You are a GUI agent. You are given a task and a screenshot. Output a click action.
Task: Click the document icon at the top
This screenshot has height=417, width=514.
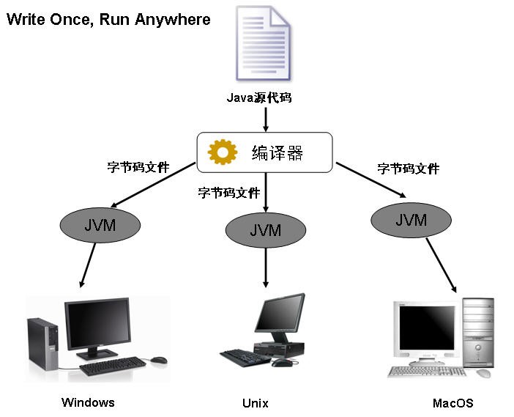pos(262,43)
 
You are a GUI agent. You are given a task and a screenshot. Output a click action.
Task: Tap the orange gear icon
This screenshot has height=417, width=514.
pos(223,151)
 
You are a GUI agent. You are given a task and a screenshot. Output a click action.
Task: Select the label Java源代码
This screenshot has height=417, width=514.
pos(259,97)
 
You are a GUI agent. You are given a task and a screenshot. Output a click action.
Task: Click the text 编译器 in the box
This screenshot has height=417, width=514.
pos(278,152)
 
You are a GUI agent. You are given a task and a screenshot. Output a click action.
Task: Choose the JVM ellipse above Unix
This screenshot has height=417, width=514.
pos(265,230)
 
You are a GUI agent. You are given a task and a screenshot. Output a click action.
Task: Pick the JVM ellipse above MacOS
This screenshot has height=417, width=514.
pos(411,219)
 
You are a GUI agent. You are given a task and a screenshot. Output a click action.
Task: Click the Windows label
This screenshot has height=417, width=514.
pos(88,402)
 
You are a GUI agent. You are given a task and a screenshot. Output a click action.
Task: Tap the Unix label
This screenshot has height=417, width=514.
pos(255,403)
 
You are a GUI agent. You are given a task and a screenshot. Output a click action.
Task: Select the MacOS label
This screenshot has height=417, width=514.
pos(452,403)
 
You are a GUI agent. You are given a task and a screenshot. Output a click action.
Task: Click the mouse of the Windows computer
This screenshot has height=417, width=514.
pos(159,360)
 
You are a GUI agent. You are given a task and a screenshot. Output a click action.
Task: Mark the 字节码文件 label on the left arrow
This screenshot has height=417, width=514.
pos(138,167)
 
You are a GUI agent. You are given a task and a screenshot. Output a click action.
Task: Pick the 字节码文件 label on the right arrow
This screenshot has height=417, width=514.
pos(409,169)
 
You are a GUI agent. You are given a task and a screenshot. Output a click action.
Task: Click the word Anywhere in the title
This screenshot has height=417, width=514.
pos(174,19)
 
